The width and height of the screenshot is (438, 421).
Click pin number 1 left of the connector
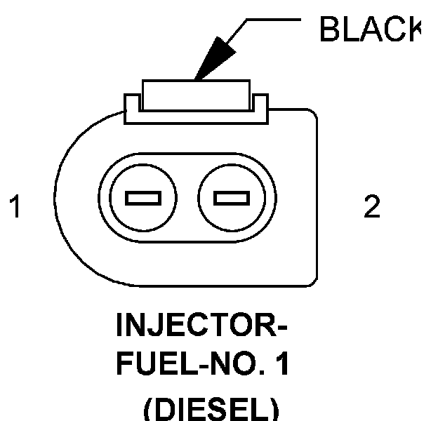coord(15,208)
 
